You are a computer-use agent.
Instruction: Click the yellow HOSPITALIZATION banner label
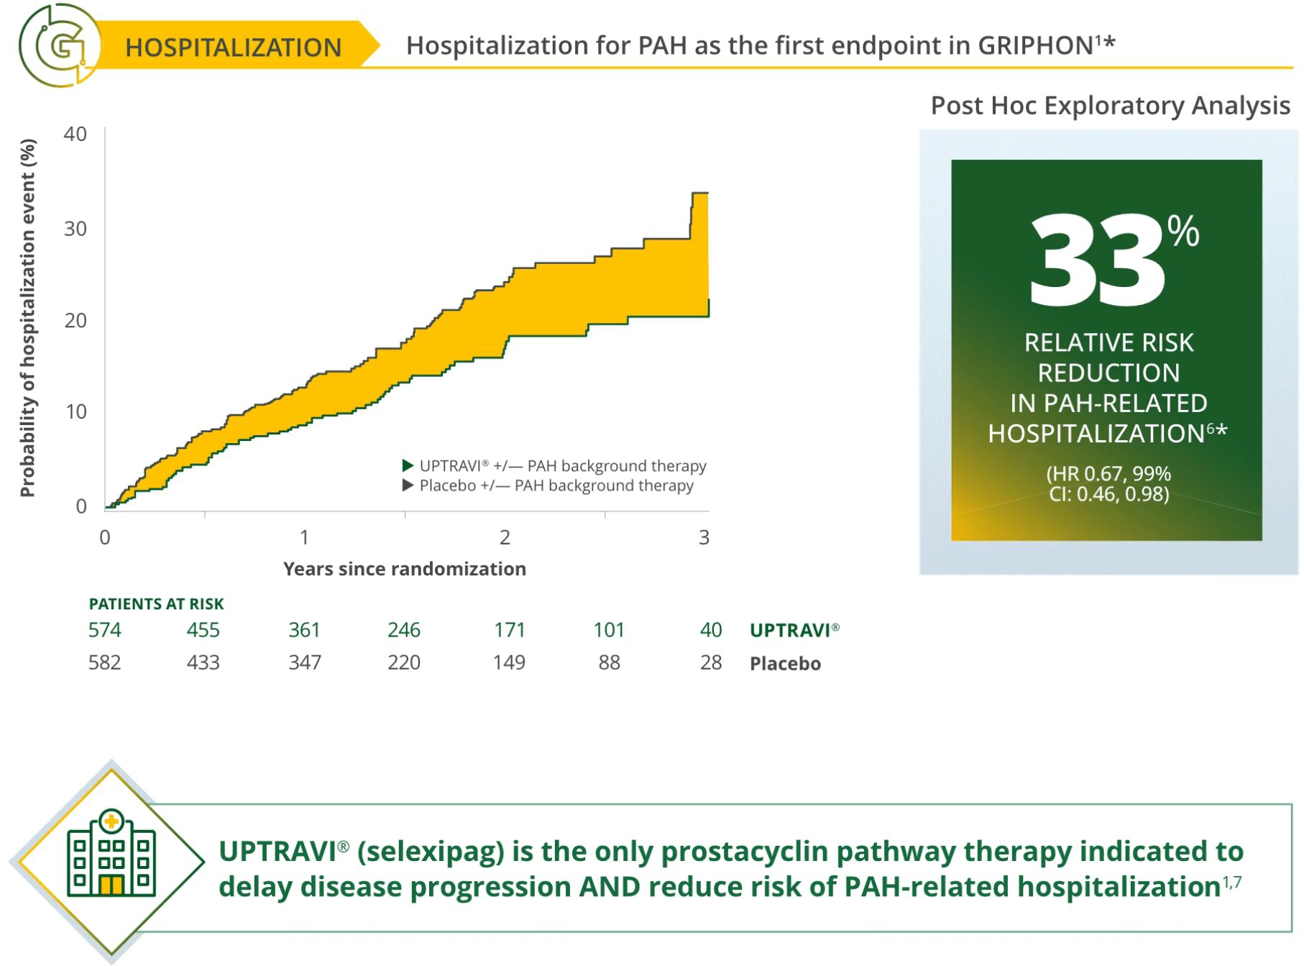click(x=233, y=47)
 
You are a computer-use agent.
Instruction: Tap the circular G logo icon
click(x=60, y=45)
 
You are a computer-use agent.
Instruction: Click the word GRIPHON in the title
click(x=1034, y=45)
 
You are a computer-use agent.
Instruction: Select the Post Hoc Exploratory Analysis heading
click(x=1110, y=105)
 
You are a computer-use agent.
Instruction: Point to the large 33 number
click(x=1098, y=260)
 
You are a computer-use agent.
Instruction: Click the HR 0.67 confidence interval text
click(x=1108, y=483)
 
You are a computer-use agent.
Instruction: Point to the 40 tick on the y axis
click(x=75, y=135)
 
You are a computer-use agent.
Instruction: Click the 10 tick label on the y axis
click(x=75, y=411)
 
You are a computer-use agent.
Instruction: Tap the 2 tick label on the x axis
click(x=505, y=537)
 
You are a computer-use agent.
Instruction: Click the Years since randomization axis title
click(x=405, y=569)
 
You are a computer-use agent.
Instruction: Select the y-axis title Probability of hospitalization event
click(x=27, y=318)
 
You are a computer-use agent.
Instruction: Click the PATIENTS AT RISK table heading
click(x=156, y=604)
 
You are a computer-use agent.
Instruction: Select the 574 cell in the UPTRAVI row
click(x=105, y=630)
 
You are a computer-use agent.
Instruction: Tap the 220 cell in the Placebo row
click(x=404, y=662)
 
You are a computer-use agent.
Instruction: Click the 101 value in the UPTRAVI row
click(x=609, y=630)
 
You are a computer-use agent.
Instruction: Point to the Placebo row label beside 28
click(x=785, y=663)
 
